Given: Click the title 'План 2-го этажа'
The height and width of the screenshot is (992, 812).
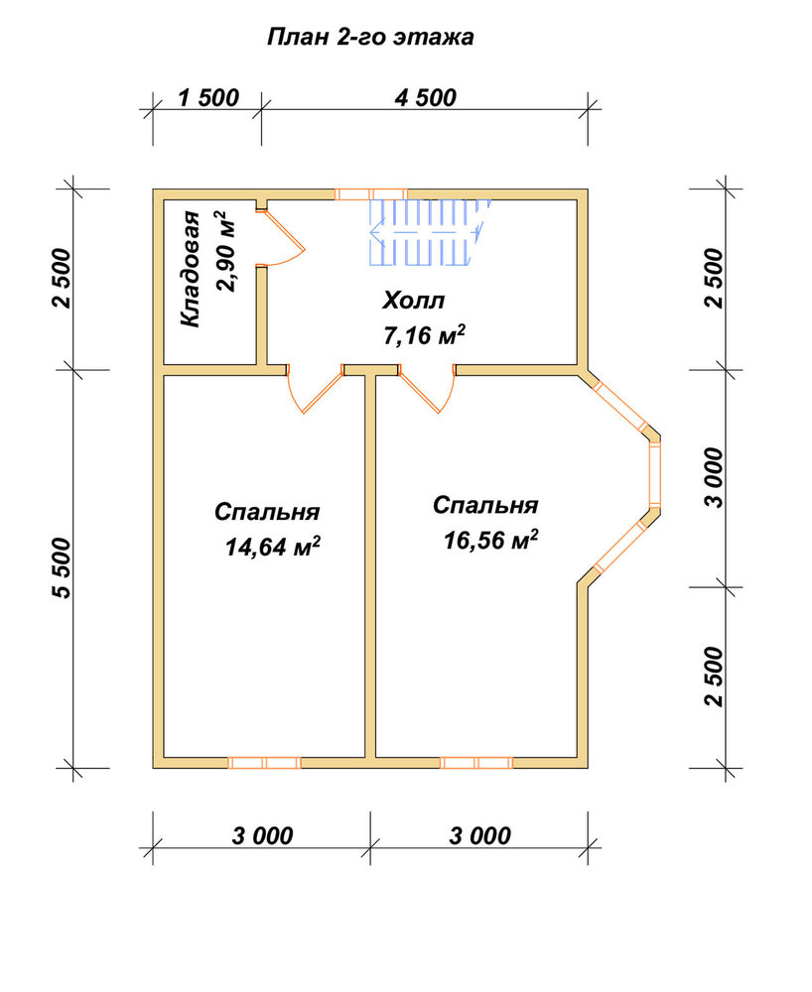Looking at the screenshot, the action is point(370,38).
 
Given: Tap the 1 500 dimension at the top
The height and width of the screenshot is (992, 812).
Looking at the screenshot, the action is point(208,98).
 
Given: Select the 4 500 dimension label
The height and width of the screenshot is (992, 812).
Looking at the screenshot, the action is point(425,98).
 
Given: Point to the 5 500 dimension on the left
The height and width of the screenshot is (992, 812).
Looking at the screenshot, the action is point(63,567).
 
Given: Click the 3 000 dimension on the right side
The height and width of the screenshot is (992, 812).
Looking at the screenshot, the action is point(714,478).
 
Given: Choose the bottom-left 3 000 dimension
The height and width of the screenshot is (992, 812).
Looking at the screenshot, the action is point(262,835).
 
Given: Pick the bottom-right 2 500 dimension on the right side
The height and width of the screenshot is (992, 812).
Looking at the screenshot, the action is point(714,677).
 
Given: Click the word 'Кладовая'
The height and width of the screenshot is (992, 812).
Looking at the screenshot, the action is point(190,269).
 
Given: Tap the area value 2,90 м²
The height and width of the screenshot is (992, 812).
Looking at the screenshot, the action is point(224,252).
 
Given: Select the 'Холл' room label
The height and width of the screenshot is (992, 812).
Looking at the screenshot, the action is point(413,301).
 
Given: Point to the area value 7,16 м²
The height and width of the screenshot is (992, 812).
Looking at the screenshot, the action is point(424,334).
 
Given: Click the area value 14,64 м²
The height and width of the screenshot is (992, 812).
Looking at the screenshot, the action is point(272,546).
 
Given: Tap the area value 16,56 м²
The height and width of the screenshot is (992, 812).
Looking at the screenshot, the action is point(490,539).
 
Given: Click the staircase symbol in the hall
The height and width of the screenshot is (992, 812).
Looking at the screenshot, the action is point(431,231).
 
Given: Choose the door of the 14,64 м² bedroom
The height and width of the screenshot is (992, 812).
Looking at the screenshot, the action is point(316,389).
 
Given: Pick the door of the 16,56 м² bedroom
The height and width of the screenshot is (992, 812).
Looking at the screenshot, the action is point(427,389).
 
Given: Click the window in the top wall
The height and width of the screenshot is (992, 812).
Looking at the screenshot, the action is point(371,194).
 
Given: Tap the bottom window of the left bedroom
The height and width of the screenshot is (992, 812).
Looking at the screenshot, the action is point(264,762).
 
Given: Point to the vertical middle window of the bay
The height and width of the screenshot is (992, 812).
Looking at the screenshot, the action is point(655,471).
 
